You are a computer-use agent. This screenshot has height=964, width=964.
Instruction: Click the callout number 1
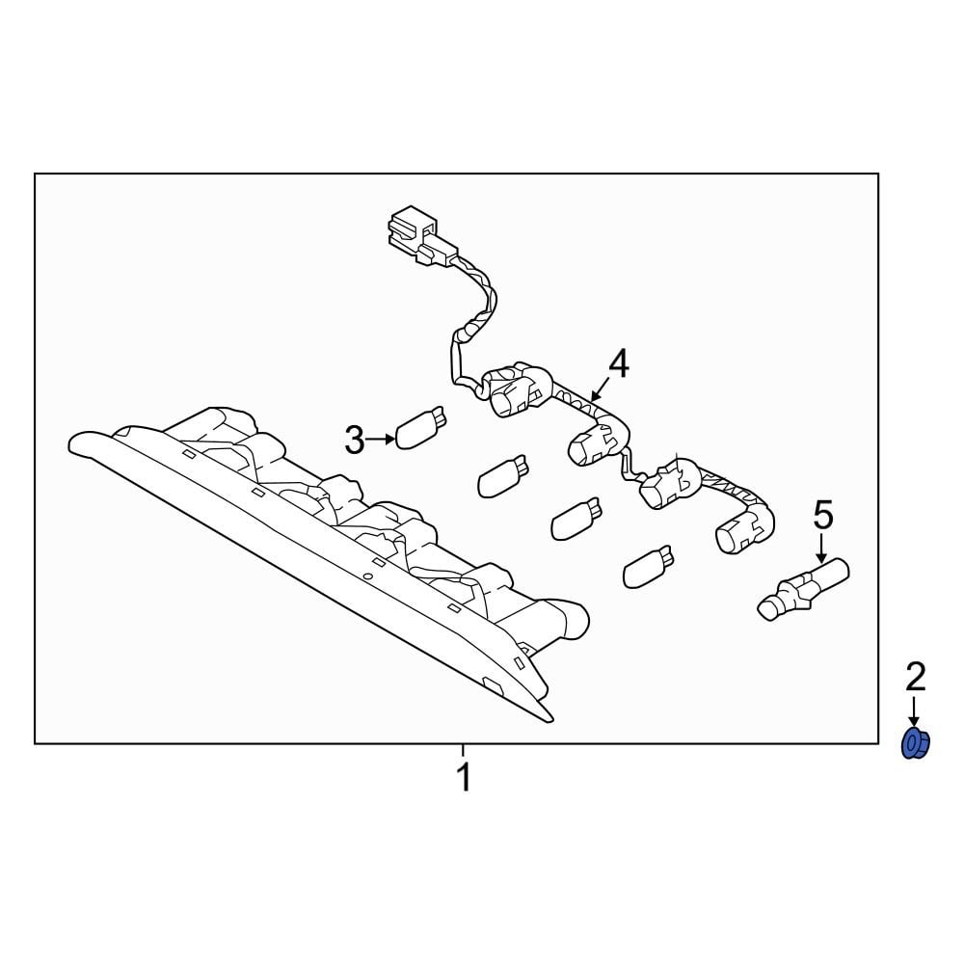464,777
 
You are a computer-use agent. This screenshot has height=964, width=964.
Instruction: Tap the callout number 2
915,678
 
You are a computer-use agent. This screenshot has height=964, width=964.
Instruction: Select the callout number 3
355,441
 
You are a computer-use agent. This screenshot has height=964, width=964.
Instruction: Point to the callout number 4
618,364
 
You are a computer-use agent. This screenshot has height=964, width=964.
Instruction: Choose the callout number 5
822,516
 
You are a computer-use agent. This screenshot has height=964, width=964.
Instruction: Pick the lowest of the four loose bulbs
647,567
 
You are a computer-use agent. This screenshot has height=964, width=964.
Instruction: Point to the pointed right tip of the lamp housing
551,718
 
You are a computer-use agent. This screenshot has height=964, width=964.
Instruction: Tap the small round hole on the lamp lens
367,576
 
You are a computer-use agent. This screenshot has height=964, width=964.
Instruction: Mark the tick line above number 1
464,750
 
